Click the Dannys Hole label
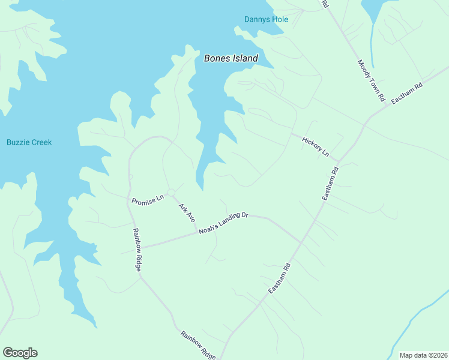266,19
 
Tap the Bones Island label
231,58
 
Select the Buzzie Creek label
29,142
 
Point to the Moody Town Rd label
371,80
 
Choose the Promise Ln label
148,199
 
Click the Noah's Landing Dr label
223,223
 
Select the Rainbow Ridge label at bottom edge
197,345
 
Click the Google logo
20,353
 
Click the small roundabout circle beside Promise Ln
171,192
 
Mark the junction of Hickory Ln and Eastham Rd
339,161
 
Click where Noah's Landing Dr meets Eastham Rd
302,242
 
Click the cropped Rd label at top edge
325,4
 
